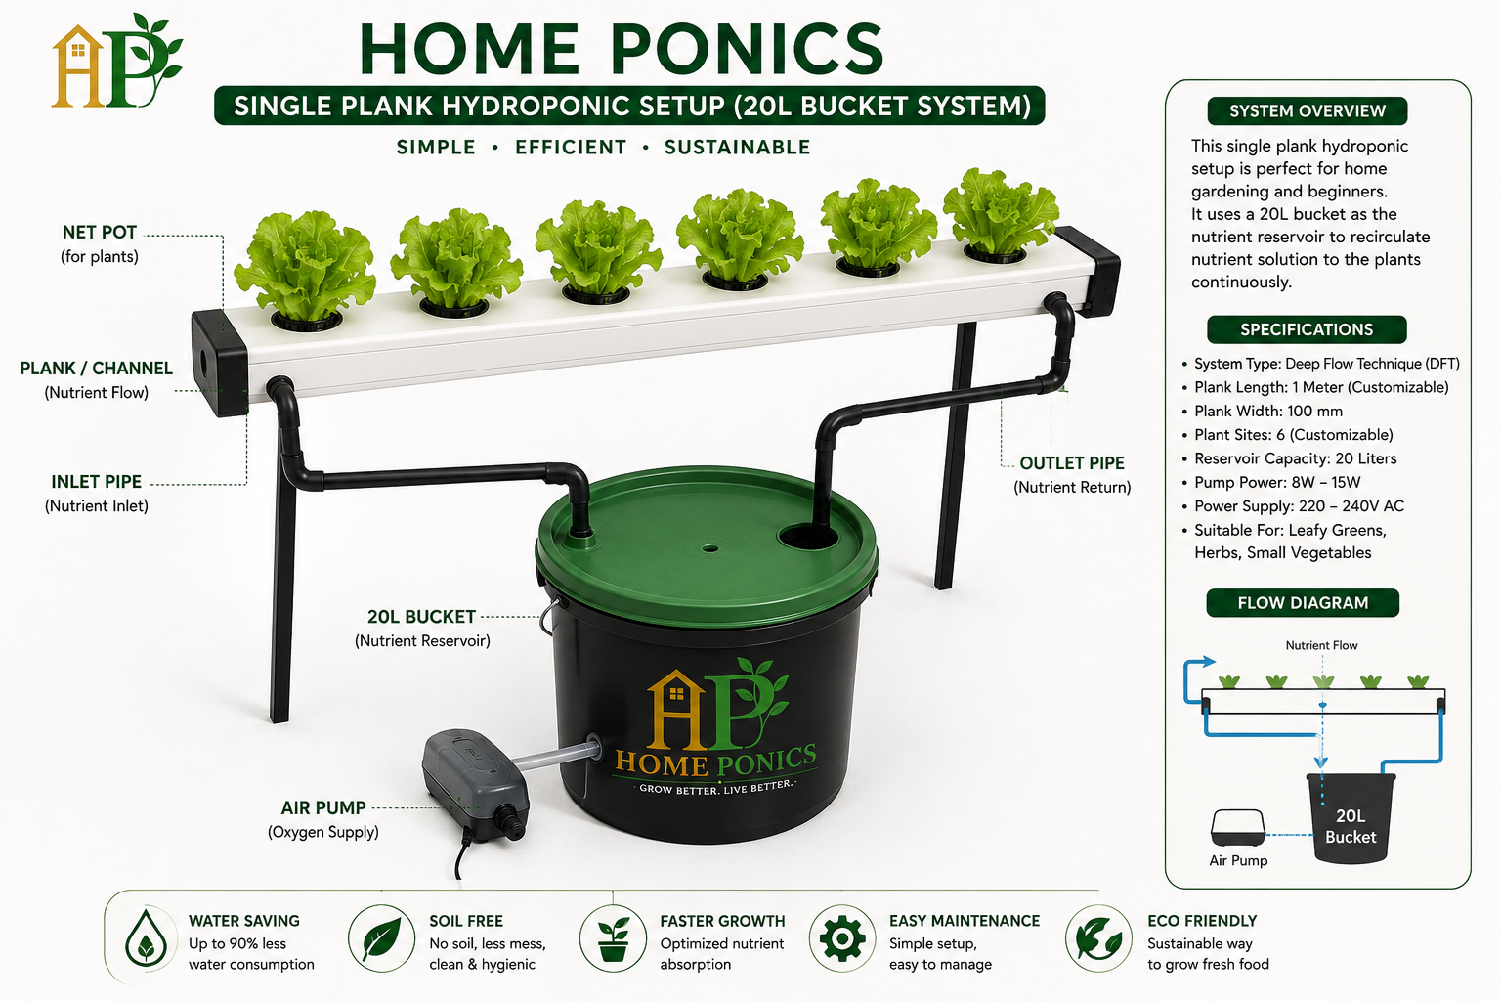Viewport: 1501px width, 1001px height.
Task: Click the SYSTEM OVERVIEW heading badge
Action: click(x=1307, y=111)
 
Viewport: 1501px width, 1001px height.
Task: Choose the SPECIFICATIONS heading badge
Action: click(x=1307, y=329)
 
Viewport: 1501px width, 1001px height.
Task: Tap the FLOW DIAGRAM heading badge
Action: click(x=1303, y=603)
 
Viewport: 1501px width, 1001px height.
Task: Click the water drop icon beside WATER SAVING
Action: click(x=146, y=938)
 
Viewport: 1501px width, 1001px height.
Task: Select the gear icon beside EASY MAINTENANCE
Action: click(x=842, y=938)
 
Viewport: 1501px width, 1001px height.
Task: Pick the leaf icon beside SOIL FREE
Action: click(x=381, y=938)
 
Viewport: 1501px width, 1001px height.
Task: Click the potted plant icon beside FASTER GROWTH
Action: click(x=613, y=938)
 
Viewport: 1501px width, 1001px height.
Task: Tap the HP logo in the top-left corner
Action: click(x=116, y=62)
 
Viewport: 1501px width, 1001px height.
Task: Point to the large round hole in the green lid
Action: click(x=808, y=537)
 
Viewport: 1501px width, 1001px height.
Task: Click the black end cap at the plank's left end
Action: click(x=220, y=362)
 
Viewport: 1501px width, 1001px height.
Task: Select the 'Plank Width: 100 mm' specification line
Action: click(x=1267, y=411)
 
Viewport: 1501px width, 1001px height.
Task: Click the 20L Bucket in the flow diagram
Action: click(x=1351, y=818)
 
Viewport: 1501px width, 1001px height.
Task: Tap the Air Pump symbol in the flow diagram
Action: click(x=1238, y=828)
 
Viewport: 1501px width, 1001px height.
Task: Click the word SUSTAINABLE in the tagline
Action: click(x=737, y=148)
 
